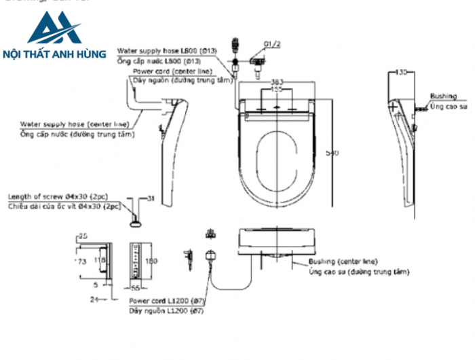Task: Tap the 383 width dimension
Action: coord(278,82)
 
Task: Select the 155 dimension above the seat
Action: coord(278,89)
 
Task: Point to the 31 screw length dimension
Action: coord(151,198)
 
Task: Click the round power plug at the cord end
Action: coord(210,257)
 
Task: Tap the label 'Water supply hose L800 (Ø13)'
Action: coord(166,50)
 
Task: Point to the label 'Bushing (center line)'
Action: coord(343,262)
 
